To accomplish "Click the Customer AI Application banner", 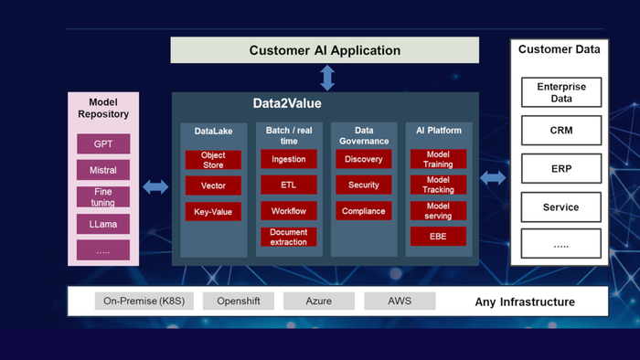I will pos(325,50).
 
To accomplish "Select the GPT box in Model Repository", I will pos(103,143).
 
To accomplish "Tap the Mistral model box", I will pos(103,170).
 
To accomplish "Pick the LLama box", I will pos(103,224).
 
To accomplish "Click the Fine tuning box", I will pos(103,197).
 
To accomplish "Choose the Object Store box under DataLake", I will pos(213,160).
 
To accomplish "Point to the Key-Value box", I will pos(213,211).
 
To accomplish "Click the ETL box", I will pos(289,185).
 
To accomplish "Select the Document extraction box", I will pos(289,237).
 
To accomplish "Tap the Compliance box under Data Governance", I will pos(363,211).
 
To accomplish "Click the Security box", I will pos(363,185).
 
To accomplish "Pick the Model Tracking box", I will pos(438,185).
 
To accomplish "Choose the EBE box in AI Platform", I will pos(438,237).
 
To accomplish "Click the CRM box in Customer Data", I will pos(560,131).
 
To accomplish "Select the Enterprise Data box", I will pos(560,92).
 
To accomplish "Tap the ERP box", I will pos(560,169).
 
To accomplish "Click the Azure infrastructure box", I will pos(318,301).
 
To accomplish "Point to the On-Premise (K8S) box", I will pos(144,301).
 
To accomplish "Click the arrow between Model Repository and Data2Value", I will pos(155,186).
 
